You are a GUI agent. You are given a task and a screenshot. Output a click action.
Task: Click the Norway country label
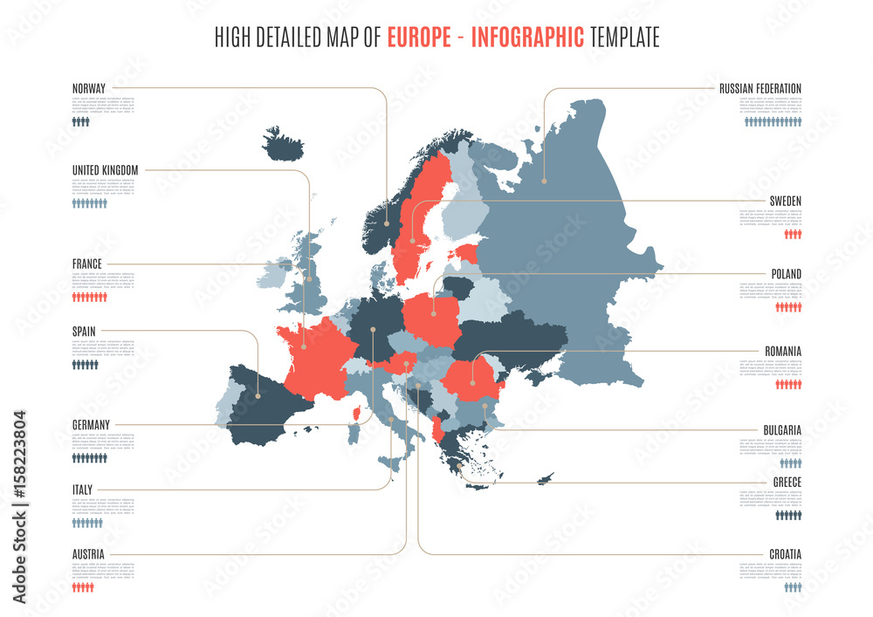click(89, 88)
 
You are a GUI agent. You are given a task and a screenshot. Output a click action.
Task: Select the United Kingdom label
click(105, 170)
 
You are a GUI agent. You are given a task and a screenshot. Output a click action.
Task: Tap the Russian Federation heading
click(760, 88)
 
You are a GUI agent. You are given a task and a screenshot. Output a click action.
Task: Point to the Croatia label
click(785, 554)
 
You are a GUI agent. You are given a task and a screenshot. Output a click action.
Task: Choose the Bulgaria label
click(782, 429)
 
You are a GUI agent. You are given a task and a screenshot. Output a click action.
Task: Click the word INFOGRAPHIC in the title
click(528, 38)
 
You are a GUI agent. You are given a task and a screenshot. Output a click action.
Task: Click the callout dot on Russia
click(544, 182)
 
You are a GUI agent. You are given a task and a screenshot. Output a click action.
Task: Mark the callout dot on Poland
click(433, 312)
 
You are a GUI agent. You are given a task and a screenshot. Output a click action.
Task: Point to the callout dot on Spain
click(258, 395)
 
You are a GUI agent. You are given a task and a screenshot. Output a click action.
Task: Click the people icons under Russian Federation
click(773, 122)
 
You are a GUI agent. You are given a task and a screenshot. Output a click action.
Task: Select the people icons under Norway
click(81, 122)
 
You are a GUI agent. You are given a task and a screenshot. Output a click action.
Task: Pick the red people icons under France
click(89, 297)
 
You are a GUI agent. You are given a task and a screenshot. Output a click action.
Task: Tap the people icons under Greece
click(788, 515)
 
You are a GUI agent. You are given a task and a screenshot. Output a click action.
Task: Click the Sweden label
click(785, 201)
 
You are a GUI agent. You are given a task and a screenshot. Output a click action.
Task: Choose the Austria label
click(88, 554)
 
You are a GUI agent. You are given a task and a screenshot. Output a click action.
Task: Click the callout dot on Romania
click(473, 382)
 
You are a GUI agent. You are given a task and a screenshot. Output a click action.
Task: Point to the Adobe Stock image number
click(19, 506)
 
